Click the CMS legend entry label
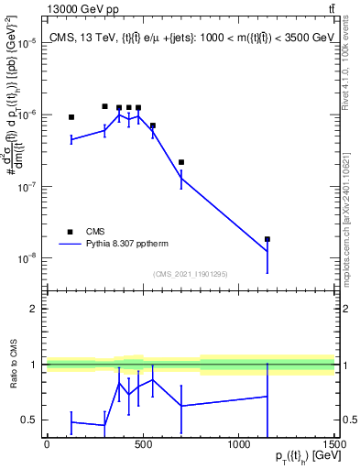pos(94,232)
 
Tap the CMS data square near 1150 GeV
pos(267,239)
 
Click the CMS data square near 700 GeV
pos(181,162)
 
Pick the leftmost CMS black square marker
pos(71,117)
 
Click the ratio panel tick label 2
pos(34,309)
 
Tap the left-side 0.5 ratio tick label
pos(30,420)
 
